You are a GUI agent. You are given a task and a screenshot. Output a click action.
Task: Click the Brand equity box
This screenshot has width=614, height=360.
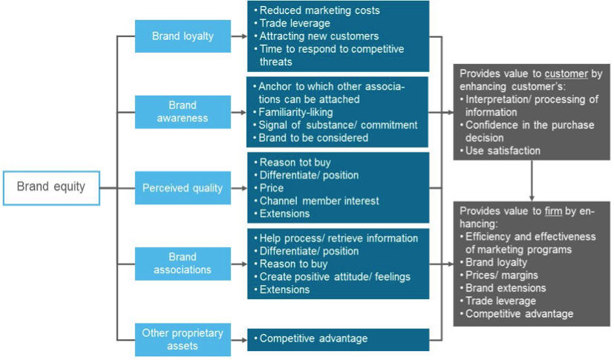click(50, 187)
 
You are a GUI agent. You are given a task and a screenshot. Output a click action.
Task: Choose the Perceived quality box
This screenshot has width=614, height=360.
click(183, 188)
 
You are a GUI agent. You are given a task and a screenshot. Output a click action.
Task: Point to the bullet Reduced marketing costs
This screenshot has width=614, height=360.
click(319, 10)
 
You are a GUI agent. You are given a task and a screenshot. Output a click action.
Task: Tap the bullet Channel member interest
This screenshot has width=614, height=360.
click(319, 200)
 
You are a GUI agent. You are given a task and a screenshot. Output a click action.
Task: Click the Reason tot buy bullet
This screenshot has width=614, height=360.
click(295, 162)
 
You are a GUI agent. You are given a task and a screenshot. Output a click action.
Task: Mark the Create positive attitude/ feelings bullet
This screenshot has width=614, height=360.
click(334, 277)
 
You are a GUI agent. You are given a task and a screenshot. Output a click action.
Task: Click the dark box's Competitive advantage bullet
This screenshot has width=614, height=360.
click(313, 338)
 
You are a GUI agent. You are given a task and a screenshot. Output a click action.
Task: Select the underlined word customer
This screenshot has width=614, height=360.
click(567, 74)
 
